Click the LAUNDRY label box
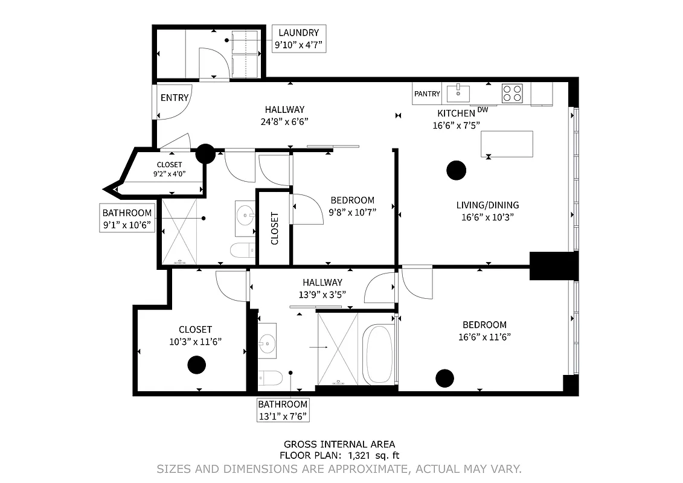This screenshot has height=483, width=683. point(300,39)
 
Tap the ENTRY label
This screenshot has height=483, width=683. point(175,97)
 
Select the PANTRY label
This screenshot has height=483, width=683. point(427,94)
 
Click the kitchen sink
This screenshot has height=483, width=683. point(458,93)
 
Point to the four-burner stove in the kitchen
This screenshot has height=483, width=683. point(513,93)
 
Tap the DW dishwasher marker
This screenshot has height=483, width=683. point(482,109)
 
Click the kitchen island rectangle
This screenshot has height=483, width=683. point(507,144)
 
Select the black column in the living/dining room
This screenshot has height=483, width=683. point(456,171)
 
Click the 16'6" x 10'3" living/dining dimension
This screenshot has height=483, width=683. point(487,217)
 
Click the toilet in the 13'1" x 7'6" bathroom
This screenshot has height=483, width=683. point(270,379)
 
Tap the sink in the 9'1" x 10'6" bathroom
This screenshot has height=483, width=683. point(245,214)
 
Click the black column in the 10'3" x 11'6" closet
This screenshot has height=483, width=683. point(196,365)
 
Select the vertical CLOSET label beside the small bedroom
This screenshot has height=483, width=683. point(275,228)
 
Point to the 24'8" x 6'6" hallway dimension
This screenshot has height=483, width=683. point(284,121)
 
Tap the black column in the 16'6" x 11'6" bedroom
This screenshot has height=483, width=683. point(444,377)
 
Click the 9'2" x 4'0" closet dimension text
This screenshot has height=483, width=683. point(169,174)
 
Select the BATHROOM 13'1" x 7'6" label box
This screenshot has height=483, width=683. point(283,409)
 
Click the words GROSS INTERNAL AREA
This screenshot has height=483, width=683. point(339,444)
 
